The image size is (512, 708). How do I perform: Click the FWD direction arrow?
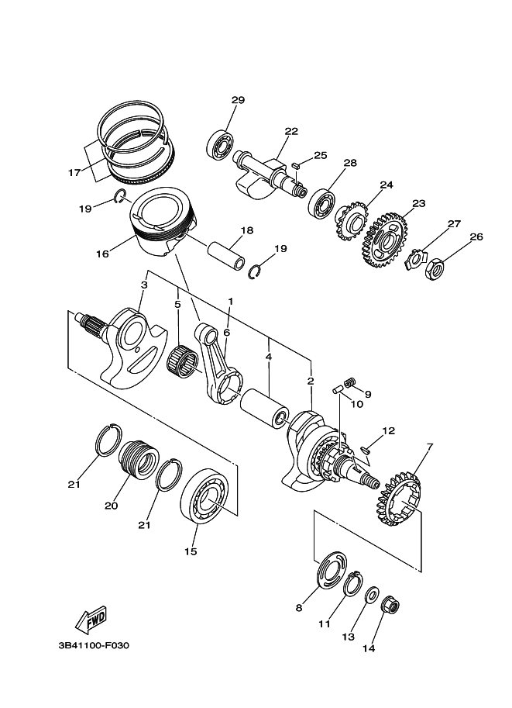click(x=91, y=618)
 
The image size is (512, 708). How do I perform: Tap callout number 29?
click(x=238, y=100)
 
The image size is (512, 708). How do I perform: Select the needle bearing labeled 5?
click(x=184, y=361)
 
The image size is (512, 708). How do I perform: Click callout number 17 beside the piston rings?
click(x=74, y=172)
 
